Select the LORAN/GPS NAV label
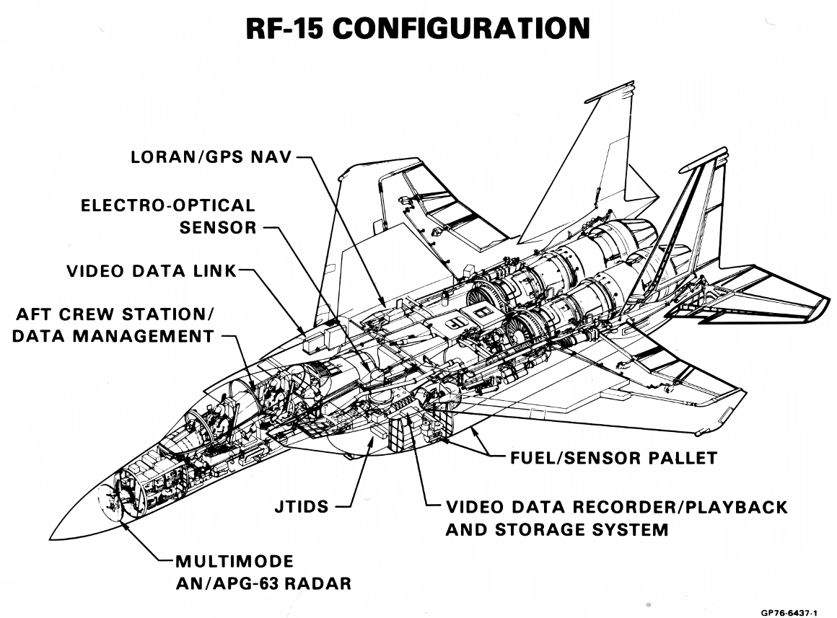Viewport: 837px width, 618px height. point(211,157)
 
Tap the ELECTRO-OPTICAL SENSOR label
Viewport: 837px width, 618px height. point(167,216)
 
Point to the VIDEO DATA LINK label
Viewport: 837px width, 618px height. point(152,272)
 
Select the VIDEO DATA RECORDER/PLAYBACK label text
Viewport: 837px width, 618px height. point(616,507)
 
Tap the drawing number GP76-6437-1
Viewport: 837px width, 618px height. point(789,612)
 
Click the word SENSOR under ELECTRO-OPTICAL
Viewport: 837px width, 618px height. point(218,228)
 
